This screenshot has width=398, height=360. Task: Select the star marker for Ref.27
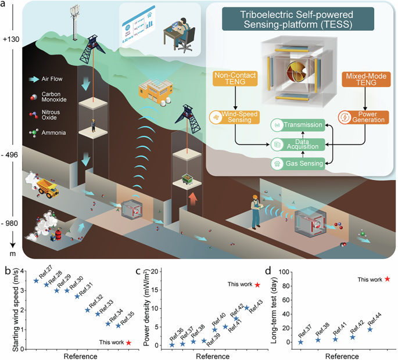coord(35,280)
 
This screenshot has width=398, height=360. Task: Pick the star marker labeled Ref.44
coord(370,329)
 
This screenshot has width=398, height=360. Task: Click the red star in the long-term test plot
coord(388,279)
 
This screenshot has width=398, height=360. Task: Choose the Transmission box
coord(299,123)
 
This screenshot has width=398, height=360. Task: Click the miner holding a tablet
coord(254,204)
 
